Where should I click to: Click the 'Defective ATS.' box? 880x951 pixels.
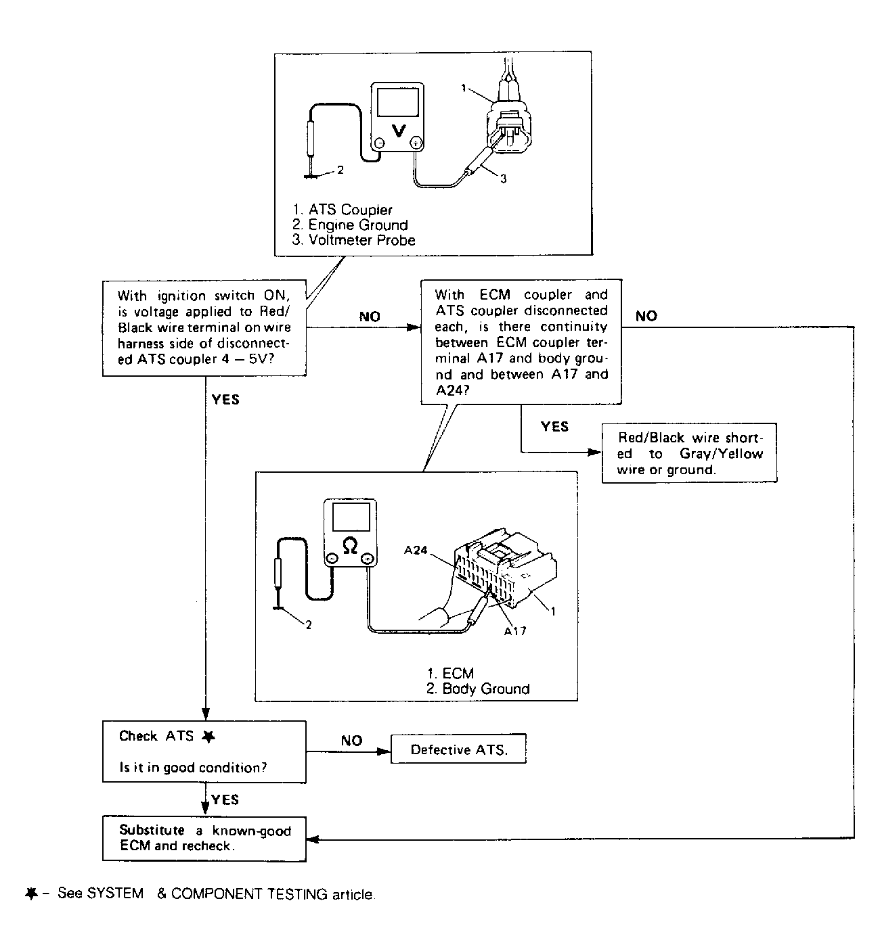click(458, 749)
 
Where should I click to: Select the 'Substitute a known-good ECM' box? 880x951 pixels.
click(204, 838)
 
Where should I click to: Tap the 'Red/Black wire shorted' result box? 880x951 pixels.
click(689, 453)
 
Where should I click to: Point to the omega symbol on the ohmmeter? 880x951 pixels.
click(350, 545)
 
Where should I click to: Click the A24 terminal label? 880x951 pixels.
click(416, 550)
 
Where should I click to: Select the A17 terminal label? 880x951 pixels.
click(514, 631)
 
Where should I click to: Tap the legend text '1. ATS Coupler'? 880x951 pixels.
click(343, 210)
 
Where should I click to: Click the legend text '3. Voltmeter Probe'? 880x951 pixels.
click(353, 240)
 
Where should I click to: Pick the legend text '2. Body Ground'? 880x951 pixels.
click(478, 689)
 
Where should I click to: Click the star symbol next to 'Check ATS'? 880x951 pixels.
click(208, 737)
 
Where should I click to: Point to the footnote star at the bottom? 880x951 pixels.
click(30, 894)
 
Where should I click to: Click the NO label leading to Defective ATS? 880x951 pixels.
click(351, 741)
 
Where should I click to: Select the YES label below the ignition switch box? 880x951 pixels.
click(225, 400)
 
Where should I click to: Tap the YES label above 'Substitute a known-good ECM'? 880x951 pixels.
click(225, 799)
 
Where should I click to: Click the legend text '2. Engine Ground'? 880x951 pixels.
click(350, 225)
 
